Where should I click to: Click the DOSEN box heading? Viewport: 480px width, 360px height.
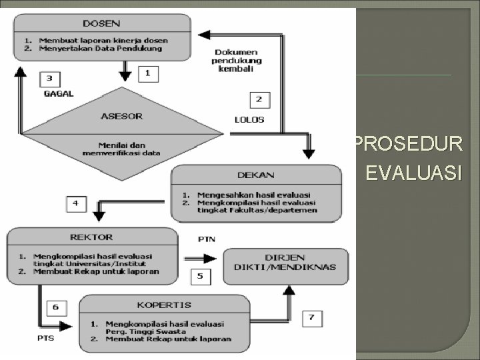coord(103,23)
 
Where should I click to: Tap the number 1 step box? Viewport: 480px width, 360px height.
coord(147,73)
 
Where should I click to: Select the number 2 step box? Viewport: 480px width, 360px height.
coord(259,100)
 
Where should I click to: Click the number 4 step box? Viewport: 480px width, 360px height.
coord(75,203)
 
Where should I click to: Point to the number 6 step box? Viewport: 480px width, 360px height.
coord(55,307)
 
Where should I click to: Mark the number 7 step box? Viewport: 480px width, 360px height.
coord(312,318)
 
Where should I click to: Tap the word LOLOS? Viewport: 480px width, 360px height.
coord(249,120)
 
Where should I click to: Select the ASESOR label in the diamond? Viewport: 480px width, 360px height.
coord(121,115)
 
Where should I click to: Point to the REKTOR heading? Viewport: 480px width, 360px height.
coord(92,237)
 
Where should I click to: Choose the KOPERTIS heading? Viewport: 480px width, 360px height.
coord(164,305)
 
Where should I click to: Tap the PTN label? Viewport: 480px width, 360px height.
coord(207,239)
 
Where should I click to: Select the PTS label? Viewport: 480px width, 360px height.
coord(45,337)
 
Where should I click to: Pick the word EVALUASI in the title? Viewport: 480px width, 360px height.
coord(413,175)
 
